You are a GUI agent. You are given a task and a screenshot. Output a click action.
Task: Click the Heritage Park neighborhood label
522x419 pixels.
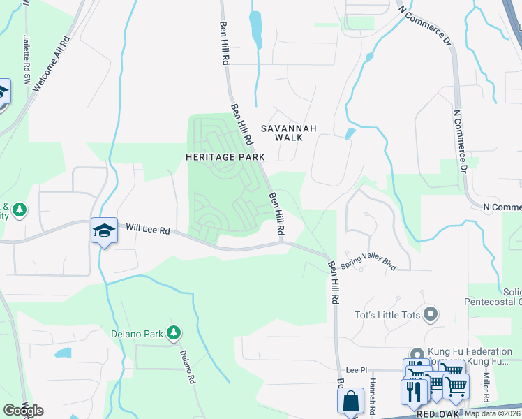[x=225, y=157]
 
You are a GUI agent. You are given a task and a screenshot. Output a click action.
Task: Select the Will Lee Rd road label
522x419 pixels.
[x=148, y=228]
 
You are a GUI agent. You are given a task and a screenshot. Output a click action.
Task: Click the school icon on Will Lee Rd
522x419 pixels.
[x=103, y=230]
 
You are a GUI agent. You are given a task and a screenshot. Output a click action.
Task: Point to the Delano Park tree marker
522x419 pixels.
[x=173, y=333]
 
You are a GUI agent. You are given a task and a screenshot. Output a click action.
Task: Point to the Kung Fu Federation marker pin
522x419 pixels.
[x=417, y=355]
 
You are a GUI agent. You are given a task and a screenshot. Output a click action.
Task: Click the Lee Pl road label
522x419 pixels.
[x=356, y=369]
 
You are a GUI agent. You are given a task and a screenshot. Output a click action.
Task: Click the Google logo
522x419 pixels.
[x=23, y=410]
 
